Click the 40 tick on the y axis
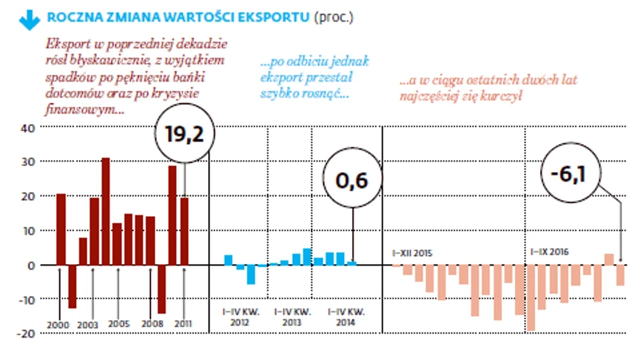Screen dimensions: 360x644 point(28,128)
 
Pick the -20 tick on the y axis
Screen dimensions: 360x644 point(26,334)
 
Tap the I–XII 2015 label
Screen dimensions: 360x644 point(413,254)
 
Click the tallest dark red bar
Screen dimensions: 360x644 point(106,212)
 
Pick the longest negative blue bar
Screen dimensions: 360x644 point(251,274)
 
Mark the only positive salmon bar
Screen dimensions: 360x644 point(609,259)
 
